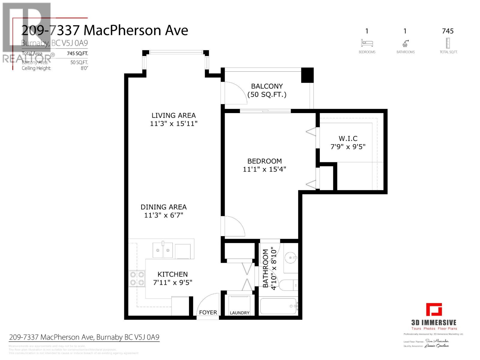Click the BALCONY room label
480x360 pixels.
point(267,86)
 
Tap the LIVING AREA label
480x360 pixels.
point(173,115)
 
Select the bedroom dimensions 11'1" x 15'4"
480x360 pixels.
point(264,169)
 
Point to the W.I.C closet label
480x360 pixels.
point(348,139)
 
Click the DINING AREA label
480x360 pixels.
point(163,207)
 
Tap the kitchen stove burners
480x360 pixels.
point(137,278)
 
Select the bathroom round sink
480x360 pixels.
point(291,257)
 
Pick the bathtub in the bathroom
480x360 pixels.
point(278,306)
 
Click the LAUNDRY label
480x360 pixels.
point(239,313)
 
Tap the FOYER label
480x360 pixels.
point(208,313)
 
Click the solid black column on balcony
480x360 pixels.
point(307,75)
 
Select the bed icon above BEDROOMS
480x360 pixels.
point(367,43)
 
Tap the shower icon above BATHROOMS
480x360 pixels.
point(405,43)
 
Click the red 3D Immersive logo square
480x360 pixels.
point(434,310)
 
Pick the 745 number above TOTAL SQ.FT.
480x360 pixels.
point(448,31)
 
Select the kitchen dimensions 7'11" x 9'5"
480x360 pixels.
point(172,283)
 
